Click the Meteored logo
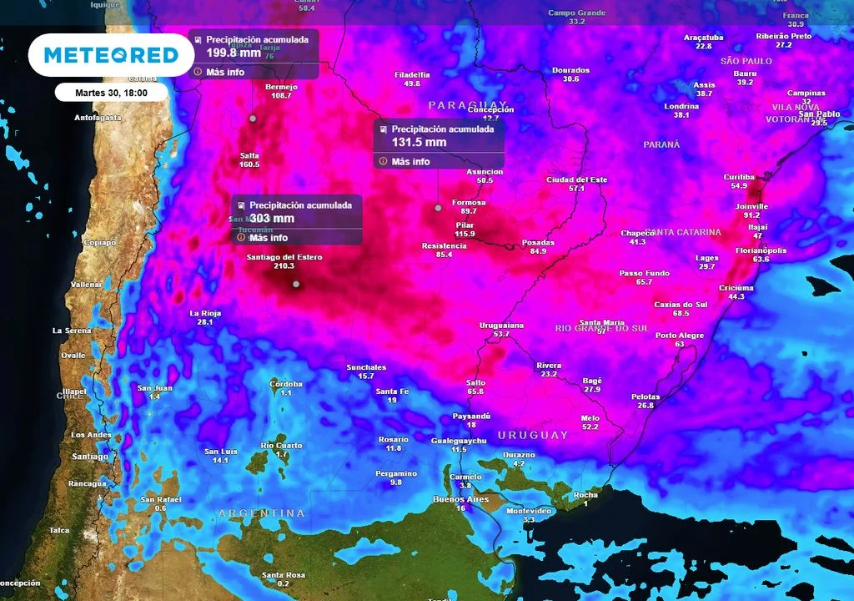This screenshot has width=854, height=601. (x=111, y=55)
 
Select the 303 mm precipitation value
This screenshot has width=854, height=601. (x=268, y=219)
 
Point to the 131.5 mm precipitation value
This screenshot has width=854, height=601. (x=419, y=142)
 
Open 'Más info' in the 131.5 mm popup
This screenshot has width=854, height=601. (x=410, y=161)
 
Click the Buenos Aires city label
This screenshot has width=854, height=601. (x=460, y=498)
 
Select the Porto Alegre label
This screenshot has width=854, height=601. (x=680, y=336)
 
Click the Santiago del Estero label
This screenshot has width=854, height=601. (x=284, y=257)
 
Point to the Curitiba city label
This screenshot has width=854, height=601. (x=739, y=177)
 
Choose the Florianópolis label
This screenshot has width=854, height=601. (x=761, y=250)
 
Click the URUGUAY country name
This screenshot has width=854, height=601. (x=533, y=435)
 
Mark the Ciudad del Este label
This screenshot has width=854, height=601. (x=576, y=179)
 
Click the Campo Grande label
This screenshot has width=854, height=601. (x=576, y=13)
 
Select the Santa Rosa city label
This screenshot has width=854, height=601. (x=283, y=575)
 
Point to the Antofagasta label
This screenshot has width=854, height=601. (x=98, y=118)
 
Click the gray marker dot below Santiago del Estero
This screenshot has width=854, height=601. (x=295, y=285)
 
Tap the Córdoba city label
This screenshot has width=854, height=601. (x=286, y=384)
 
